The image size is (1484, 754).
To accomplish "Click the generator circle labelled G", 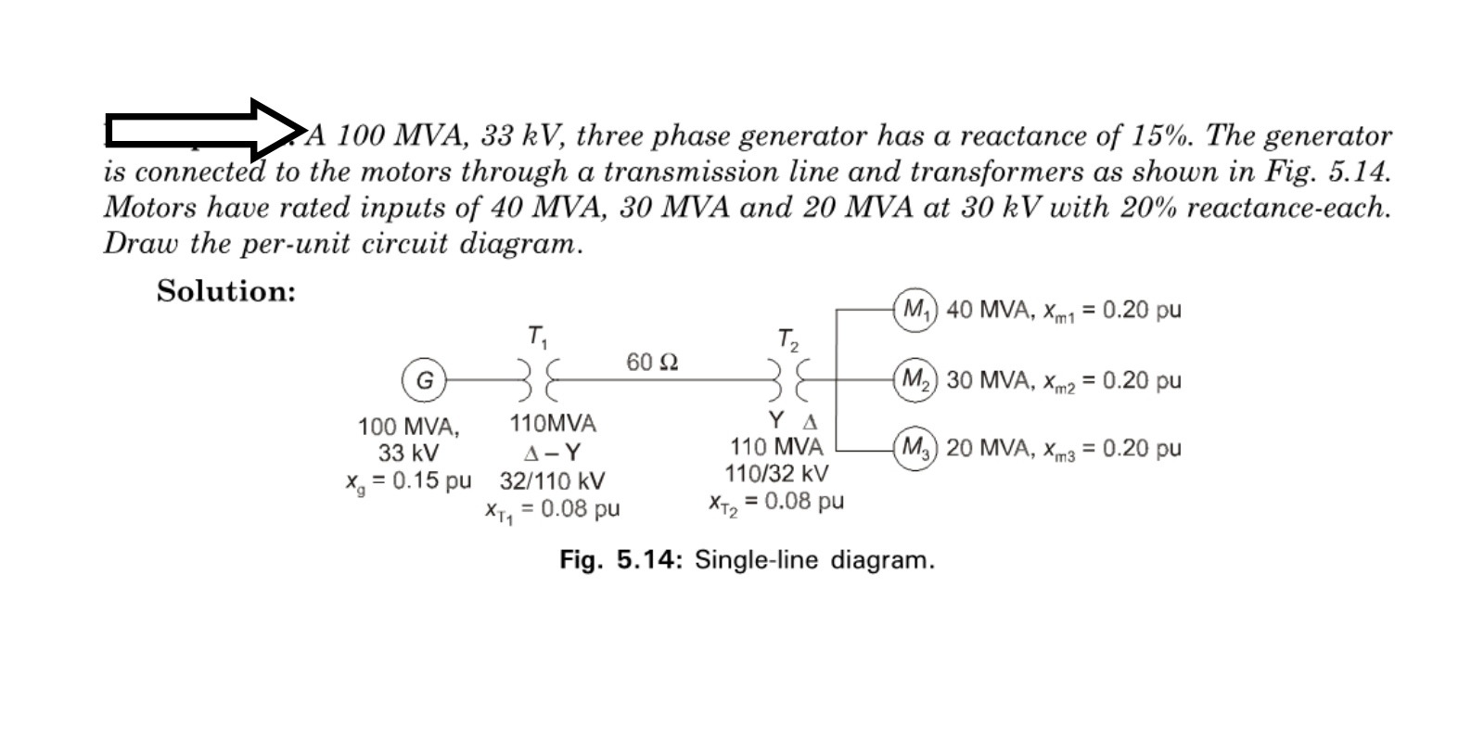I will (x=424, y=380).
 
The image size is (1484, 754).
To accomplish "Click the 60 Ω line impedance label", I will (x=652, y=362).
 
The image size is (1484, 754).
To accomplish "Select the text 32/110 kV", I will (x=552, y=481).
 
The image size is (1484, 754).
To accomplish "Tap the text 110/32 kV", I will (x=776, y=474).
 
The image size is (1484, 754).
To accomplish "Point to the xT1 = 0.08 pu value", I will (x=552, y=509).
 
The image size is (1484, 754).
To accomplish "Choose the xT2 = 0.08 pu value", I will (x=775, y=503).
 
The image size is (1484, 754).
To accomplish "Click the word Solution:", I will (x=226, y=291).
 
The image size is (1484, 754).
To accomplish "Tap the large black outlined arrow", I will (x=204, y=130).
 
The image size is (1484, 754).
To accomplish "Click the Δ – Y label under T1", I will (x=552, y=454).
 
